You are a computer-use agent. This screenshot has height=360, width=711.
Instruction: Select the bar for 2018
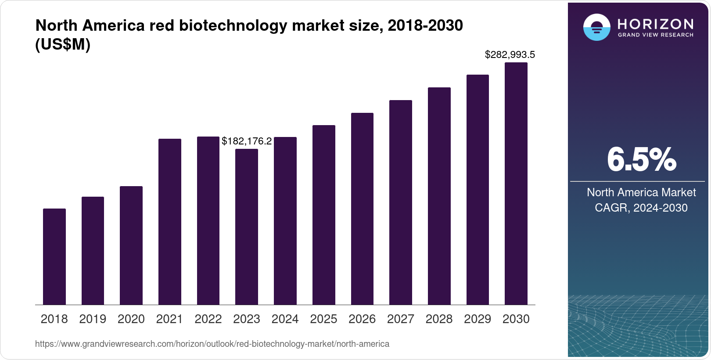point(54,256)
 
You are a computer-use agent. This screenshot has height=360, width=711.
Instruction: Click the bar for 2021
point(170,222)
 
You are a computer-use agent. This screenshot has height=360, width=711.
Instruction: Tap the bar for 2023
point(247,227)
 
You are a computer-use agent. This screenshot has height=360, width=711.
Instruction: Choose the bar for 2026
point(362,209)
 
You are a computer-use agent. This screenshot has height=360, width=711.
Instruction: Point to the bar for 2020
point(131,245)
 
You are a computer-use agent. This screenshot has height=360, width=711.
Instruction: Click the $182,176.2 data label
point(247,141)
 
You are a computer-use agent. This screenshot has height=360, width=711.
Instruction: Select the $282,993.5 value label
point(510,55)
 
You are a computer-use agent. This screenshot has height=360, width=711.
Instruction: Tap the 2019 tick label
point(93,319)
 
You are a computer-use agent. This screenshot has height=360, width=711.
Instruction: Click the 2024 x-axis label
point(285,319)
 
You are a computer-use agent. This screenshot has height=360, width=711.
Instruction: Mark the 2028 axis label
point(439,319)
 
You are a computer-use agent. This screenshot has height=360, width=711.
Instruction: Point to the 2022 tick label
point(208,319)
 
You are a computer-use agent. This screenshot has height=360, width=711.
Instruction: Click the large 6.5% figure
point(641,160)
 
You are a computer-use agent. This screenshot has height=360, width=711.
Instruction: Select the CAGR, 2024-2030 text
point(641,208)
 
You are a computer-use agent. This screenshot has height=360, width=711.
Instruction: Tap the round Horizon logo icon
point(596,27)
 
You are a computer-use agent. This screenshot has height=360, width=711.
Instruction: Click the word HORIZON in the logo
point(655,24)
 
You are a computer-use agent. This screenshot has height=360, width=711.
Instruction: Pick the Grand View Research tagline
point(655,35)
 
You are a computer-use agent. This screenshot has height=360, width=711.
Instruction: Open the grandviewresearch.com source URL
point(212,344)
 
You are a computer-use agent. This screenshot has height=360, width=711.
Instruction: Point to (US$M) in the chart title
point(63,45)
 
